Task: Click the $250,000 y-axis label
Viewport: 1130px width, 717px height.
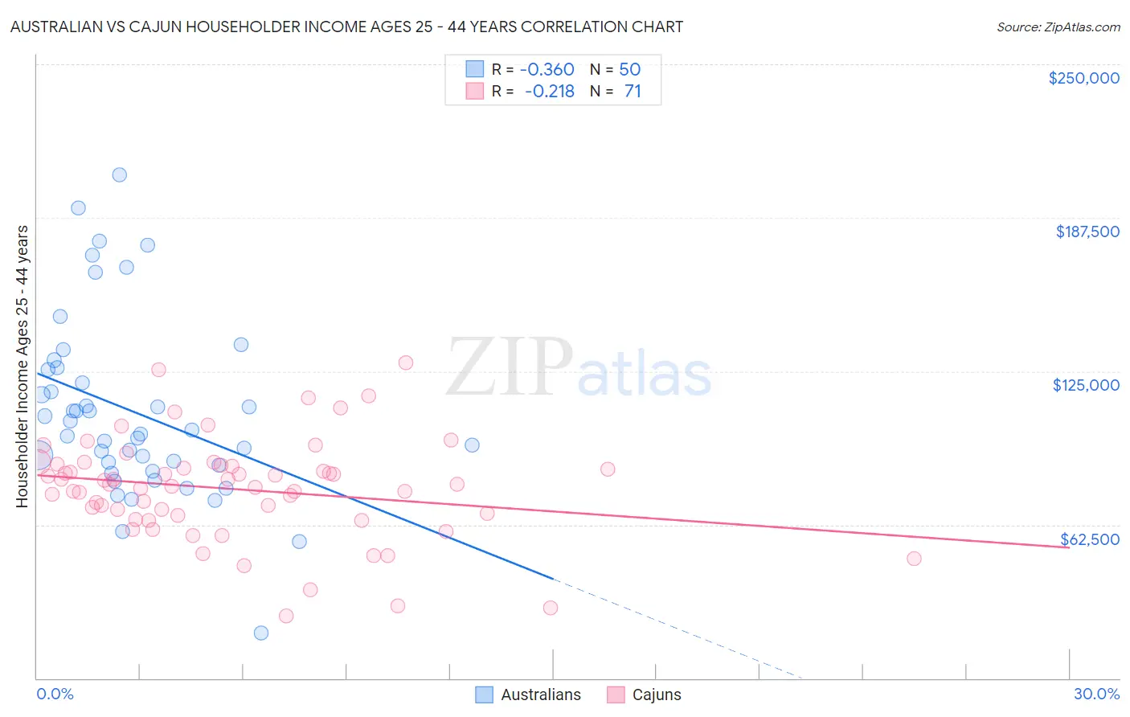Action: (1083, 78)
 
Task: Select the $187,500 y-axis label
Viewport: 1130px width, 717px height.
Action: (1087, 231)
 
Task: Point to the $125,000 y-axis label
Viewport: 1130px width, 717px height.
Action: (1086, 385)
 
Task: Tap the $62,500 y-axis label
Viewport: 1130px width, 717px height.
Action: (1089, 539)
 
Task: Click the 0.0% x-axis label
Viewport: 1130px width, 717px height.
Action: (55, 694)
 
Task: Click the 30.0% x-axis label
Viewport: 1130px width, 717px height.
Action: (1096, 694)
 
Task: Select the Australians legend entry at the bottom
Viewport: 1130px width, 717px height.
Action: (528, 694)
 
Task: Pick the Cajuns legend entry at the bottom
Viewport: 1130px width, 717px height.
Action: (644, 694)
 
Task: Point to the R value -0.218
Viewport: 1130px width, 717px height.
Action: (551, 92)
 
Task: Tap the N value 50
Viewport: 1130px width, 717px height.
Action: (629, 70)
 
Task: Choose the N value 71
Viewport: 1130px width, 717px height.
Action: (633, 92)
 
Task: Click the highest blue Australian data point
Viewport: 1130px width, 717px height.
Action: (119, 175)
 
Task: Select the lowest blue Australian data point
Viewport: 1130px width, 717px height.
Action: (260, 633)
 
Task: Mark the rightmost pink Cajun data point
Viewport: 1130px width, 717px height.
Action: (914, 559)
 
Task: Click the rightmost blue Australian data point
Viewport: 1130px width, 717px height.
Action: (472, 445)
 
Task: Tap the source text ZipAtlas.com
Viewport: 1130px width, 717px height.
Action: (1058, 27)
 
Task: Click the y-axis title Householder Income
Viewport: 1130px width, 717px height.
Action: (23, 366)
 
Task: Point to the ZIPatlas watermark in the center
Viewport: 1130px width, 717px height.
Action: (579, 368)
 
